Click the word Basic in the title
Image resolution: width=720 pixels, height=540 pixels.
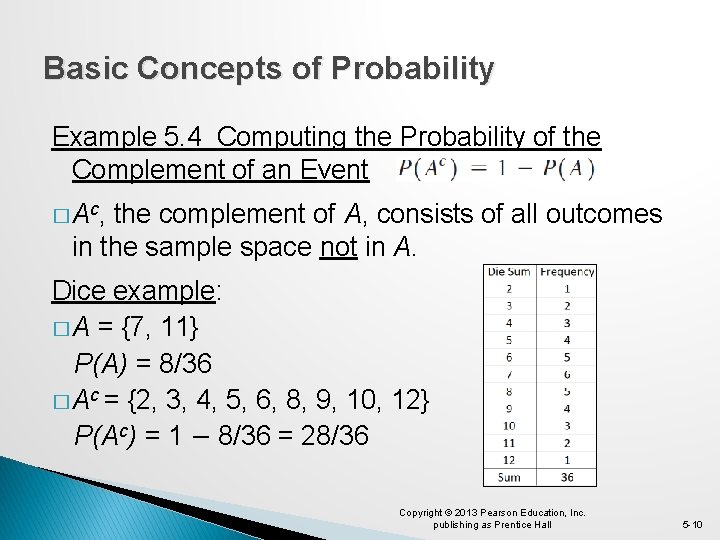tap(84, 69)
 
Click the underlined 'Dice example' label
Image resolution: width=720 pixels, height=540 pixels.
tap(135, 291)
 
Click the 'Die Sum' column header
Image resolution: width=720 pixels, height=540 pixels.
tap(509, 272)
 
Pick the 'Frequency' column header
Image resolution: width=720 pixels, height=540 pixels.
tap(567, 272)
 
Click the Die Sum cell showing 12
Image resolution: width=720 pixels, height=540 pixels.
tap(509, 460)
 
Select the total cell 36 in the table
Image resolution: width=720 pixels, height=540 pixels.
tap(567, 477)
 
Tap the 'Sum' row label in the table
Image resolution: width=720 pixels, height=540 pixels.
tap(509, 477)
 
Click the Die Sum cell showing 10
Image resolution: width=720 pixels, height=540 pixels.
tap(509, 426)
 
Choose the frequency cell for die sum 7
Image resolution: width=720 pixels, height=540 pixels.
tap(567, 374)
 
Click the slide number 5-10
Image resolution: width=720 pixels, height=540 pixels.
tap(692, 524)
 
